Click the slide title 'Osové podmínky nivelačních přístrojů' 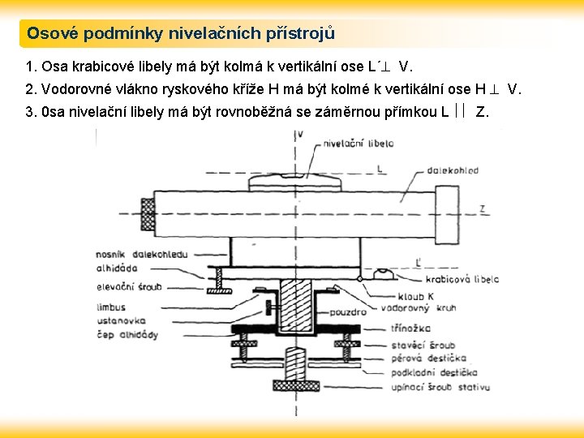click(x=180, y=34)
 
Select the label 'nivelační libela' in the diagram click(x=358, y=144)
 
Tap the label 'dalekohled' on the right click(x=457, y=170)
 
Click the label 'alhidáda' click(x=117, y=268)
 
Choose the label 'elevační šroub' click(x=128, y=286)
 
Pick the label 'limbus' click(x=110, y=307)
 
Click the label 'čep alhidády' click(x=127, y=335)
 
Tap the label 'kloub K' click(x=416, y=296)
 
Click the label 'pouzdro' click(x=348, y=311)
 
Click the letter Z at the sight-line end click(x=483, y=208)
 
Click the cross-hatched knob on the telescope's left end click(x=148, y=212)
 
